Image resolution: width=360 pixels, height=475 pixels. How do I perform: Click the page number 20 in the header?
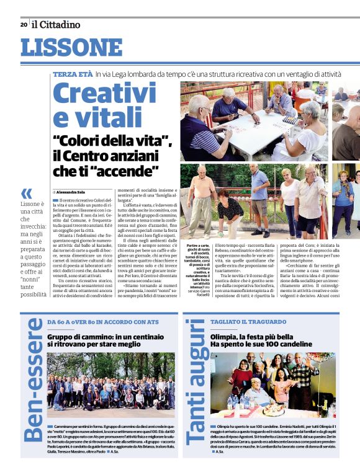[x=24, y=25]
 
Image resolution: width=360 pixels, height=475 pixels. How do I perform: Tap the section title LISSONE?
[x=71, y=48]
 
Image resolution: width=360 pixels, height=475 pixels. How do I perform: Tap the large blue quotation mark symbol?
[x=27, y=193]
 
